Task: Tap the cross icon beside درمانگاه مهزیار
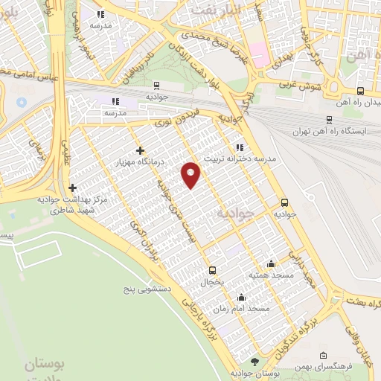pos(140,151)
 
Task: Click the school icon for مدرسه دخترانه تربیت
pos(239,147)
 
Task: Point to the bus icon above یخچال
pos(212,270)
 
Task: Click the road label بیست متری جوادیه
pos(174,216)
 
